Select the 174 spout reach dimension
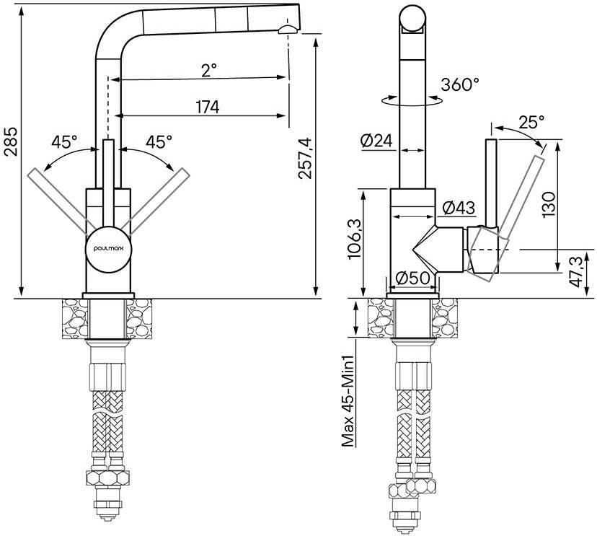tap(207, 107)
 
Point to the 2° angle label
tap(209, 70)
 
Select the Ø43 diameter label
tap(458, 208)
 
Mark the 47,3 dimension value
tap(577, 271)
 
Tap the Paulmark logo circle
tap(108, 247)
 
